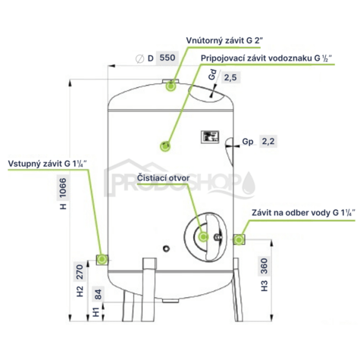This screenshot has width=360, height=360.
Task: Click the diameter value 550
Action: click(167, 58)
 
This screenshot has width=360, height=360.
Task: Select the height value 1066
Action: click(63, 188)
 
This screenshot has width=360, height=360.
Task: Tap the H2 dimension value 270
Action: click(80, 272)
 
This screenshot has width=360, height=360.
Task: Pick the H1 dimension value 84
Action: click(98, 294)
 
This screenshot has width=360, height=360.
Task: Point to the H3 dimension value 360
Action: click(264, 266)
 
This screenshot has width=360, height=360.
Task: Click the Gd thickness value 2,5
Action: click(230, 77)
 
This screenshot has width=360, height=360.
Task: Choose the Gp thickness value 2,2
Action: click(268, 141)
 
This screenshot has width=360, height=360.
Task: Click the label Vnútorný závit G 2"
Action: click(225, 41)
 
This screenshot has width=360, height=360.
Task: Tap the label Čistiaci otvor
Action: click(163, 178)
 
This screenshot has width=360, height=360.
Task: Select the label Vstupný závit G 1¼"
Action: click(48, 164)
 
